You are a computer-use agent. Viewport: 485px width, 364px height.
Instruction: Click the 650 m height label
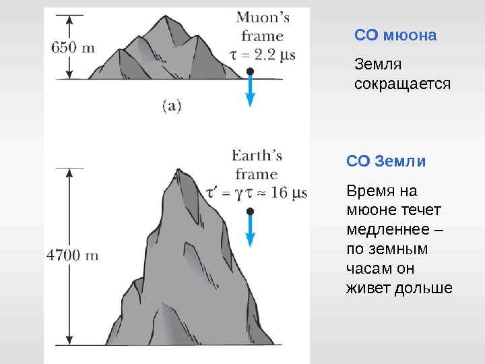[73, 48]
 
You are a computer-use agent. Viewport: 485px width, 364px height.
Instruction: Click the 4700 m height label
[73, 255]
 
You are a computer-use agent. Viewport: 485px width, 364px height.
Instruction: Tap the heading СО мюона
[395, 35]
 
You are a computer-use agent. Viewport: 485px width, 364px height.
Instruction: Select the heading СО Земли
[386, 162]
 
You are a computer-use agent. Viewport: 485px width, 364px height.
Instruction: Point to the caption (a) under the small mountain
[172, 105]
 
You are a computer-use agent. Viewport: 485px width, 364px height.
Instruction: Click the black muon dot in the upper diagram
[251, 71]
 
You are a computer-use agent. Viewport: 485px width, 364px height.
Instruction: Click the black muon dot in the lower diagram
[251, 211]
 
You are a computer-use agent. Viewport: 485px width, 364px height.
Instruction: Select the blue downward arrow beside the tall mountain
[251, 233]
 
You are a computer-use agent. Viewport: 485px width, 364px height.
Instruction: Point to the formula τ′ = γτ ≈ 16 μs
[257, 193]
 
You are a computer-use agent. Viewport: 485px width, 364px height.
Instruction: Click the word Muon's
[263, 18]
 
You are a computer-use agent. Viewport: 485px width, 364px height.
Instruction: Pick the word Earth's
[257, 156]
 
